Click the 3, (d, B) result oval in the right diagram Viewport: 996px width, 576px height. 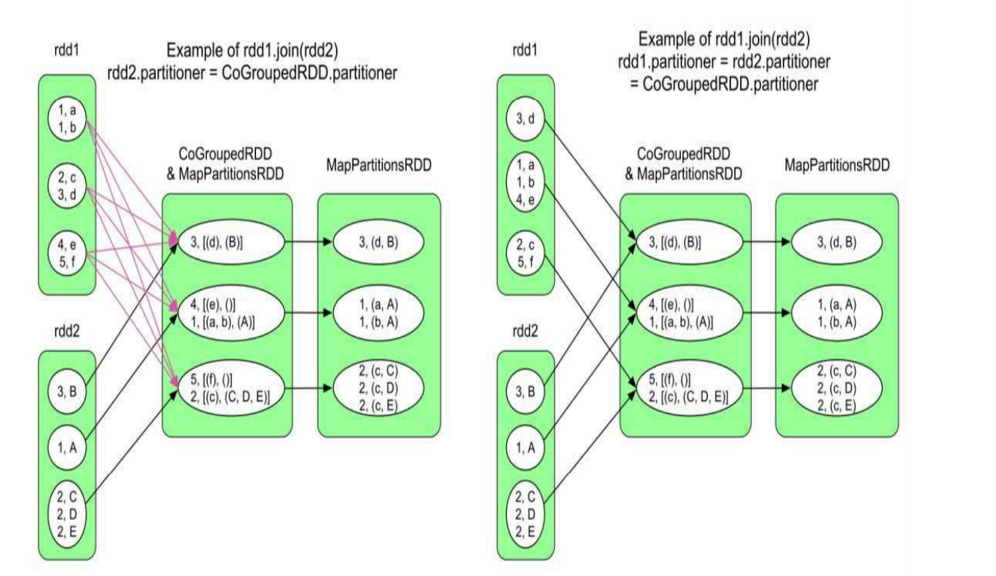click(x=835, y=243)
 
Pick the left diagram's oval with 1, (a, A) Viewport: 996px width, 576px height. click(x=378, y=306)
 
